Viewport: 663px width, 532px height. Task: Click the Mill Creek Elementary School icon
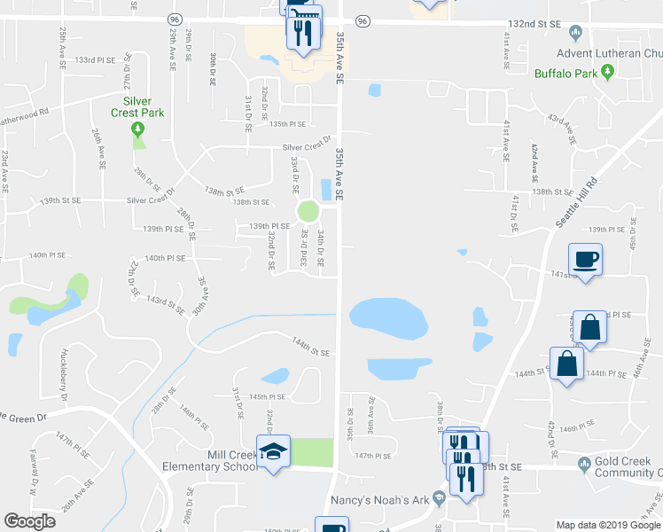point(274,451)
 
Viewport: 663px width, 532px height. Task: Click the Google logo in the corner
point(29,521)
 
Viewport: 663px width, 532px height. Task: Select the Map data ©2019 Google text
point(608,525)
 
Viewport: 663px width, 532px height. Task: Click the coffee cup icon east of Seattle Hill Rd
point(586,260)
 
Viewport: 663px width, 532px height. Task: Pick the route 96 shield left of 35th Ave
point(175,19)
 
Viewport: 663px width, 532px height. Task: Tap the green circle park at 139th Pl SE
point(308,212)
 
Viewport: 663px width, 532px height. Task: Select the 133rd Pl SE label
point(96,60)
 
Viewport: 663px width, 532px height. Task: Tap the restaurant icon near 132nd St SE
point(302,33)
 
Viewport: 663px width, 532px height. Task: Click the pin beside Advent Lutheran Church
point(575,35)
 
